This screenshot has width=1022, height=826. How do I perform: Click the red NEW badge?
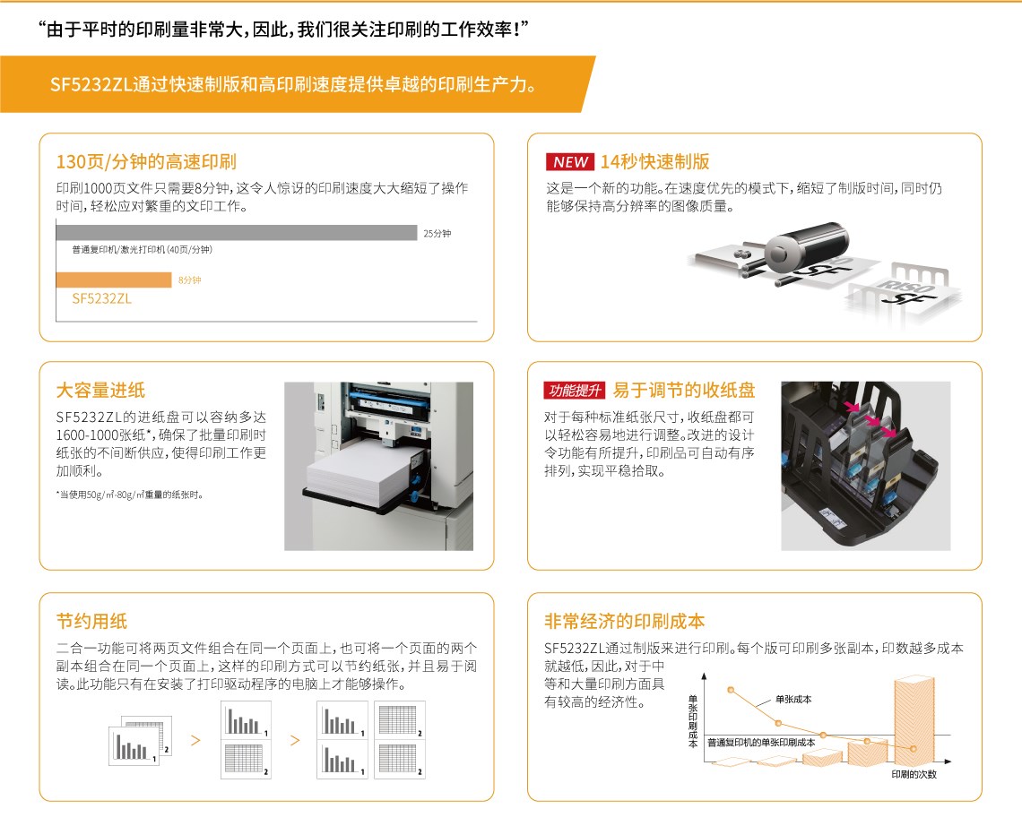pos(569,161)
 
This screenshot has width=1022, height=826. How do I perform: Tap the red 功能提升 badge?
pos(575,391)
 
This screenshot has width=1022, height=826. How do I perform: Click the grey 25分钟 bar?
pos(237,233)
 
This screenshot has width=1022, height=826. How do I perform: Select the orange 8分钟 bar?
pos(114,280)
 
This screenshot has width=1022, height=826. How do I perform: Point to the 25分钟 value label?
pos(437,233)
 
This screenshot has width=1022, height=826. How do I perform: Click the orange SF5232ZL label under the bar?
pos(101,298)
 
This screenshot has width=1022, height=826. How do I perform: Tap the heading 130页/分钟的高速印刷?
pos(146,161)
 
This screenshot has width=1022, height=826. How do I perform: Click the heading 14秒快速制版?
pos(655,161)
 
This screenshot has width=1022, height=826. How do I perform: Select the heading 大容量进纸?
pos(100,391)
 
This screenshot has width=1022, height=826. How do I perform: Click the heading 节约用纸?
pos(92,622)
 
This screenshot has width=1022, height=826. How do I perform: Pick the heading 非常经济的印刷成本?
pos(625,622)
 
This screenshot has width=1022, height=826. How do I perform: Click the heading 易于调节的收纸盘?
pos(684,391)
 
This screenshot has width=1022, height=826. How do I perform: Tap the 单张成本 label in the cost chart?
pos(793,699)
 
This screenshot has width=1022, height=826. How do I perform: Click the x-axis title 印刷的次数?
pos(914,774)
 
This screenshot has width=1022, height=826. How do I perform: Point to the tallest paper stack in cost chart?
pos(914,719)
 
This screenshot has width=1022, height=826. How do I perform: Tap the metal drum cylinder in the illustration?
pos(806,244)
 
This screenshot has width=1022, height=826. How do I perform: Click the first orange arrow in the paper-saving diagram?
pos(195,741)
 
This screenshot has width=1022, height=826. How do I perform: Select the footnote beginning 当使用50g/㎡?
pos(130,495)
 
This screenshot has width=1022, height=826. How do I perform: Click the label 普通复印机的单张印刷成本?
pos(761,743)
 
